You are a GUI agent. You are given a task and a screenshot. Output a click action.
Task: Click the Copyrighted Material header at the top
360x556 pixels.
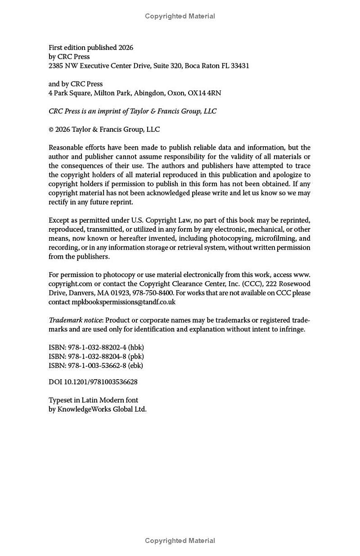tap(180, 16)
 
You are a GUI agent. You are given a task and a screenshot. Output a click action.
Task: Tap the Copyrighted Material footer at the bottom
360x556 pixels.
tap(180, 541)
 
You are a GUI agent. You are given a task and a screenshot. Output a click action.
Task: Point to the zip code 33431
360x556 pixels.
tap(240, 66)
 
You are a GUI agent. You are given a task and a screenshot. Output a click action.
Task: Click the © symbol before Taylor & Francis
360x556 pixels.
tap(51, 130)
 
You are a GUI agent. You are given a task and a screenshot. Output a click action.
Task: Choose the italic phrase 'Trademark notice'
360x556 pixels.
tap(76, 320)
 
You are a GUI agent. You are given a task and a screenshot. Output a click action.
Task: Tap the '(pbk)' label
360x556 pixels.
tap(136, 356)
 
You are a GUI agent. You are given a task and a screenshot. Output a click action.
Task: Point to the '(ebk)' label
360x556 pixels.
tap(135, 366)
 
